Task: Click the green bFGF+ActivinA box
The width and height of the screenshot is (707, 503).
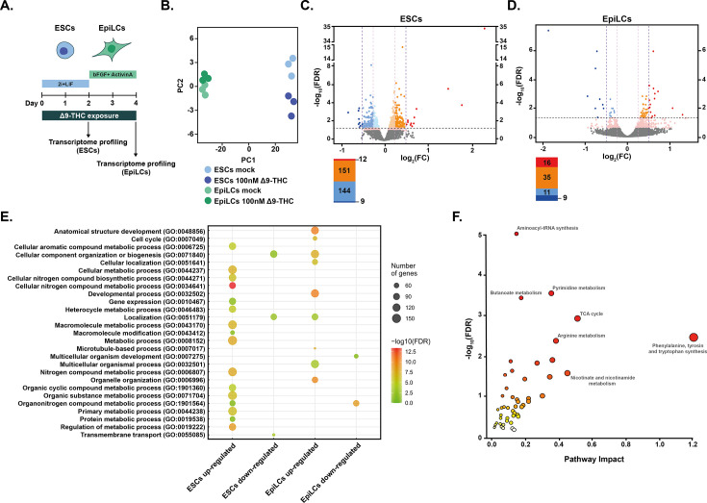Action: click(x=116, y=72)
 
